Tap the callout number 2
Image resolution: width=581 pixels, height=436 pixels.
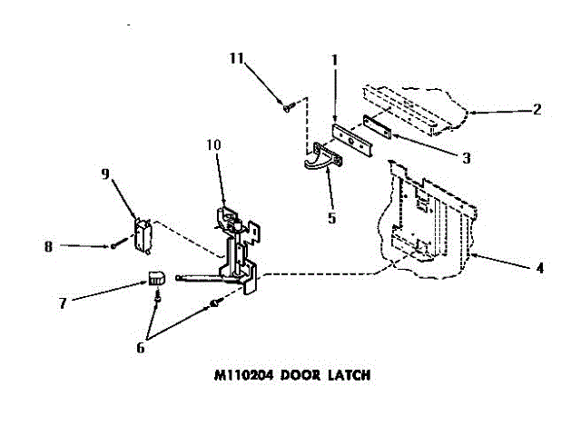click(537, 110)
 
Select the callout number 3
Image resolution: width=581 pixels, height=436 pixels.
click(466, 157)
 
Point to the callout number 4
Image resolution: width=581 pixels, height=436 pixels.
click(539, 268)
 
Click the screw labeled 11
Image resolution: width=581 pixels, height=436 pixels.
click(289, 107)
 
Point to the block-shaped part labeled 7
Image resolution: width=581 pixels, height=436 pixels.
click(156, 278)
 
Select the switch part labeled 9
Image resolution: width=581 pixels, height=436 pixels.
click(141, 234)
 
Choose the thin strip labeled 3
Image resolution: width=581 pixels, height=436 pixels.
click(377, 126)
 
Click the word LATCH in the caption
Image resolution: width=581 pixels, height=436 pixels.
click(346, 373)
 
